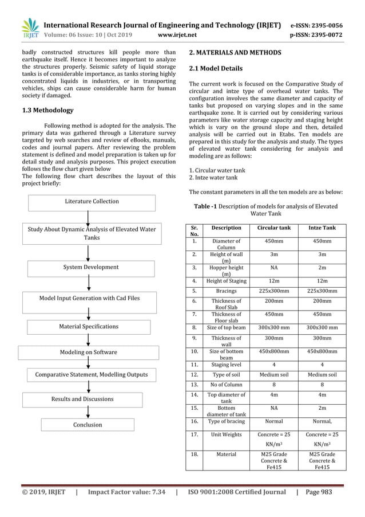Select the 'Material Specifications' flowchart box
pyautogui.click(x=89, y=327)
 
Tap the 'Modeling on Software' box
pyautogui.click(x=88, y=352)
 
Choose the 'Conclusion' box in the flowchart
pyautogui.click(x=88, y=425)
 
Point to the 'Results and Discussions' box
pyautogui.click(x=82, y=399)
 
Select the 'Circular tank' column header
pyautogui.click(x=274, y=228)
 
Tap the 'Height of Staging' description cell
pyautogui.click(x=227, y=281)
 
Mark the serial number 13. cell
pyautogui.click(x=195, y=386)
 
